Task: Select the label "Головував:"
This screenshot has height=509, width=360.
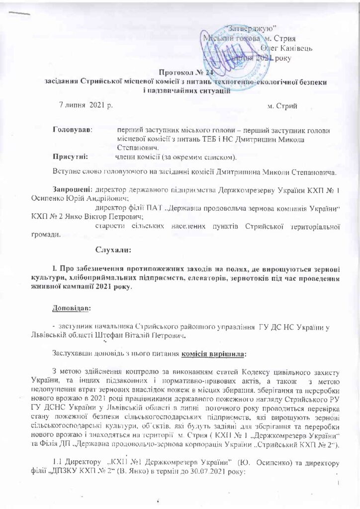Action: [x=73, y=130]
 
